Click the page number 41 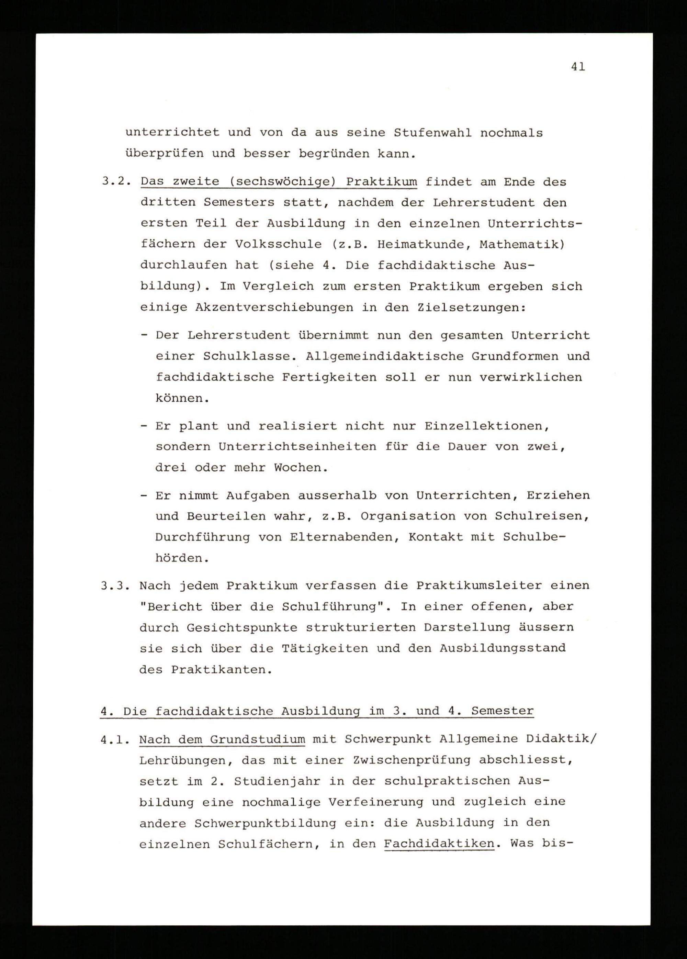[578, 67]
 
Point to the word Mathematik [523, 244]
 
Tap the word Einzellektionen [486, 426]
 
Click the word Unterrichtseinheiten [297, 447]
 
